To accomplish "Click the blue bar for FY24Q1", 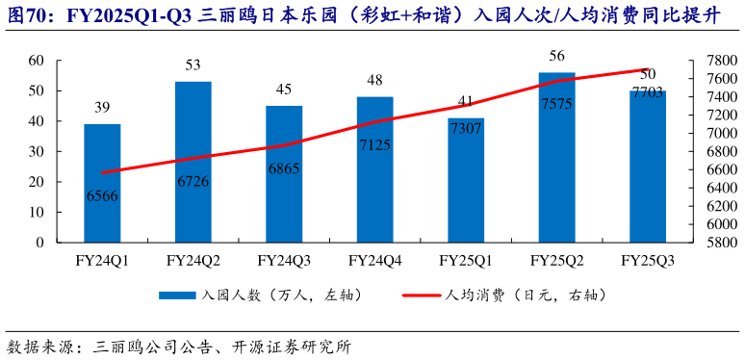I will coord(102,183).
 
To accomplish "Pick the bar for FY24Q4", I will coord(374,169).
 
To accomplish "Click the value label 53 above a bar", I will coord(193,65).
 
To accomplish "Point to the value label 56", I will coord(556,56).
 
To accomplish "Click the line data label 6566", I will coord(102,194).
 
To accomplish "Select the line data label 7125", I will coord(374,145).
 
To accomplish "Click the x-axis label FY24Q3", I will coord(284,260).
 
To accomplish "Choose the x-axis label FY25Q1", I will coord(466,260).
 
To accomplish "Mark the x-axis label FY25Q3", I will coord(647,260).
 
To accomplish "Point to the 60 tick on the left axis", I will coord(37,60).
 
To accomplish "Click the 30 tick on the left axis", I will coord(37,151).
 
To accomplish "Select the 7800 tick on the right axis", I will coord(708,60).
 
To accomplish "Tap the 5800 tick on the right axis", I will coord(708,243).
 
